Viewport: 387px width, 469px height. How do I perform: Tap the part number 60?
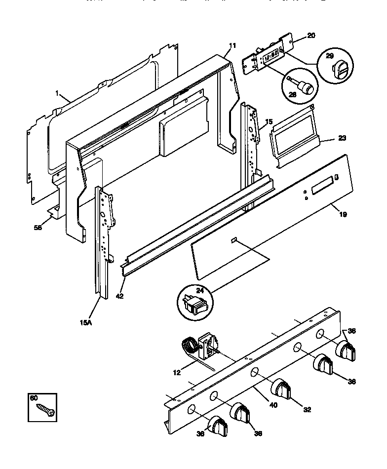[x=34, y=398]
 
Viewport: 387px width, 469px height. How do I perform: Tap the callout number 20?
[x=311, y=35]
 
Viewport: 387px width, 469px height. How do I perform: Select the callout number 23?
[x=342, y=138]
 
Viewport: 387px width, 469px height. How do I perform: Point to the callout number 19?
[x=343, y=214]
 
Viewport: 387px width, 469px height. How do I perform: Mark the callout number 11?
[x=232, y=46]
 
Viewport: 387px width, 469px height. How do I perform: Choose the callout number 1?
[x=57, y=93]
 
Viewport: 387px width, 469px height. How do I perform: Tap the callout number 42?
[x=119, y=296]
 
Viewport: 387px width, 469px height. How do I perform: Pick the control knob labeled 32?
[x=281, y=388]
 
